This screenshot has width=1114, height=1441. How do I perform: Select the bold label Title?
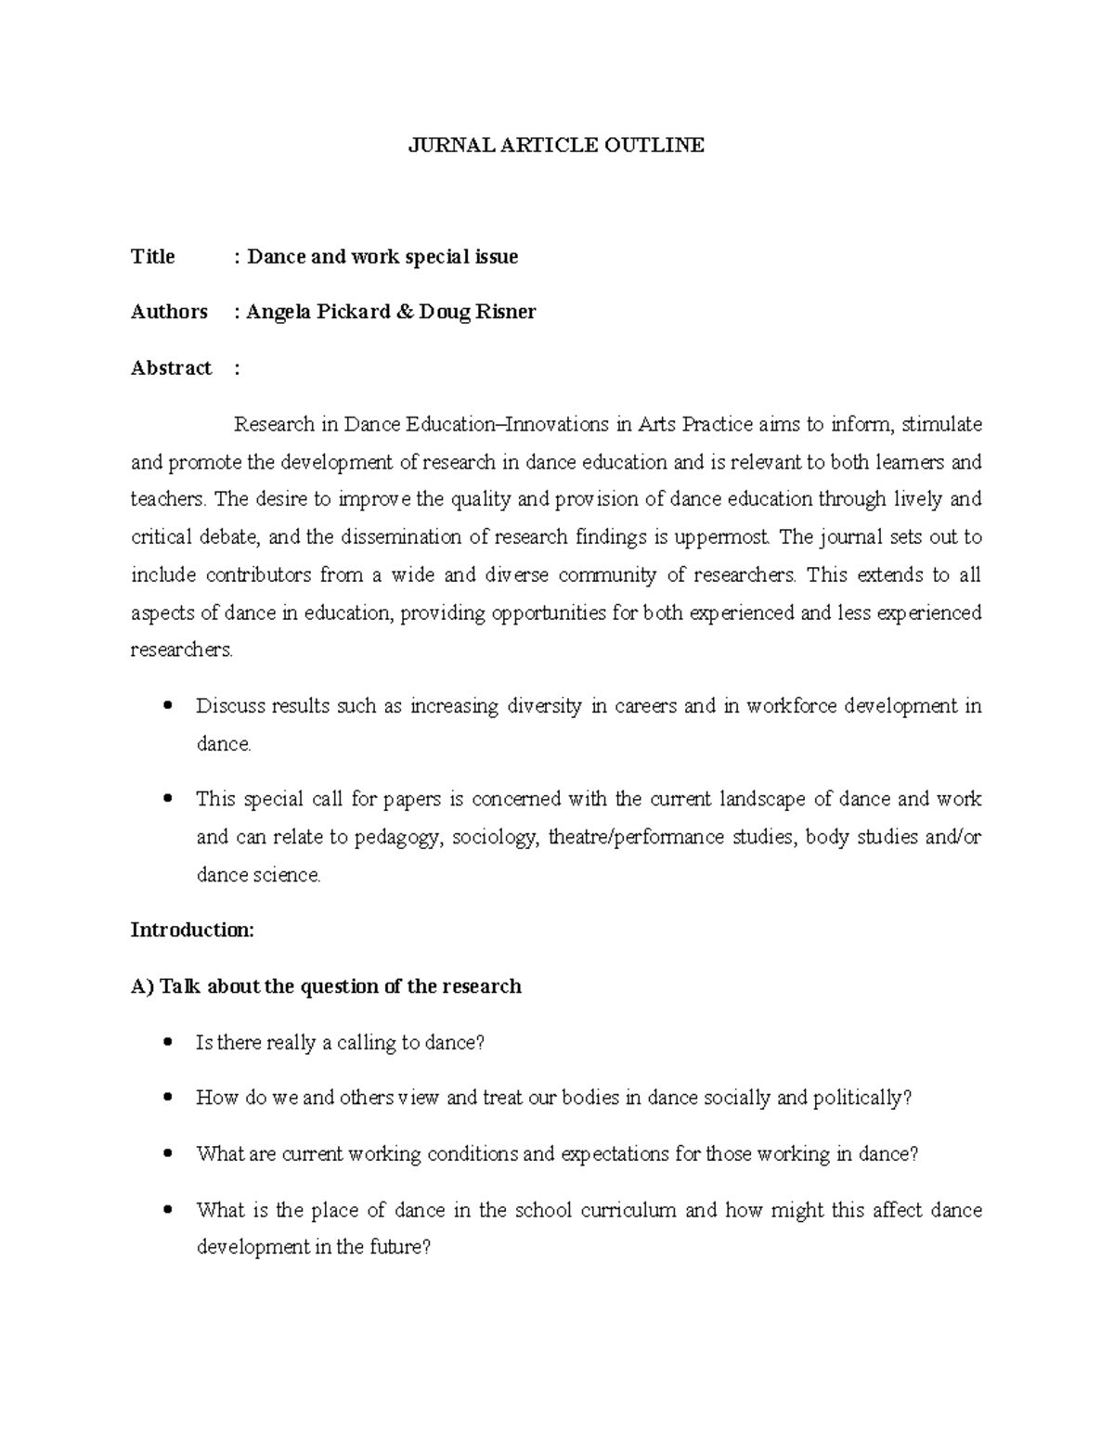coord(152,256)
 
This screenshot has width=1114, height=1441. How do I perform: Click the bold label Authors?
coord(169,312)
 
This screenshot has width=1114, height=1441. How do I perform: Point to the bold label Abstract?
coord(171,367)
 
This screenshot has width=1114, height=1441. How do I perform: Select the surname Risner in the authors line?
coord(506,312)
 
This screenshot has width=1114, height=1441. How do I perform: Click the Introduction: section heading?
coord(192,930)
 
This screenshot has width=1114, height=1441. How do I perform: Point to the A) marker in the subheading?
coord(142,985)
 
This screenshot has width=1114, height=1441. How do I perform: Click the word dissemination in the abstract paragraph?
coord(402,537)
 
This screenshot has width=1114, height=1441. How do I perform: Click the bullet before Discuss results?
coord(168,705)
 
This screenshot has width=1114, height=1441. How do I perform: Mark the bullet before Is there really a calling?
coord(168,1042)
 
